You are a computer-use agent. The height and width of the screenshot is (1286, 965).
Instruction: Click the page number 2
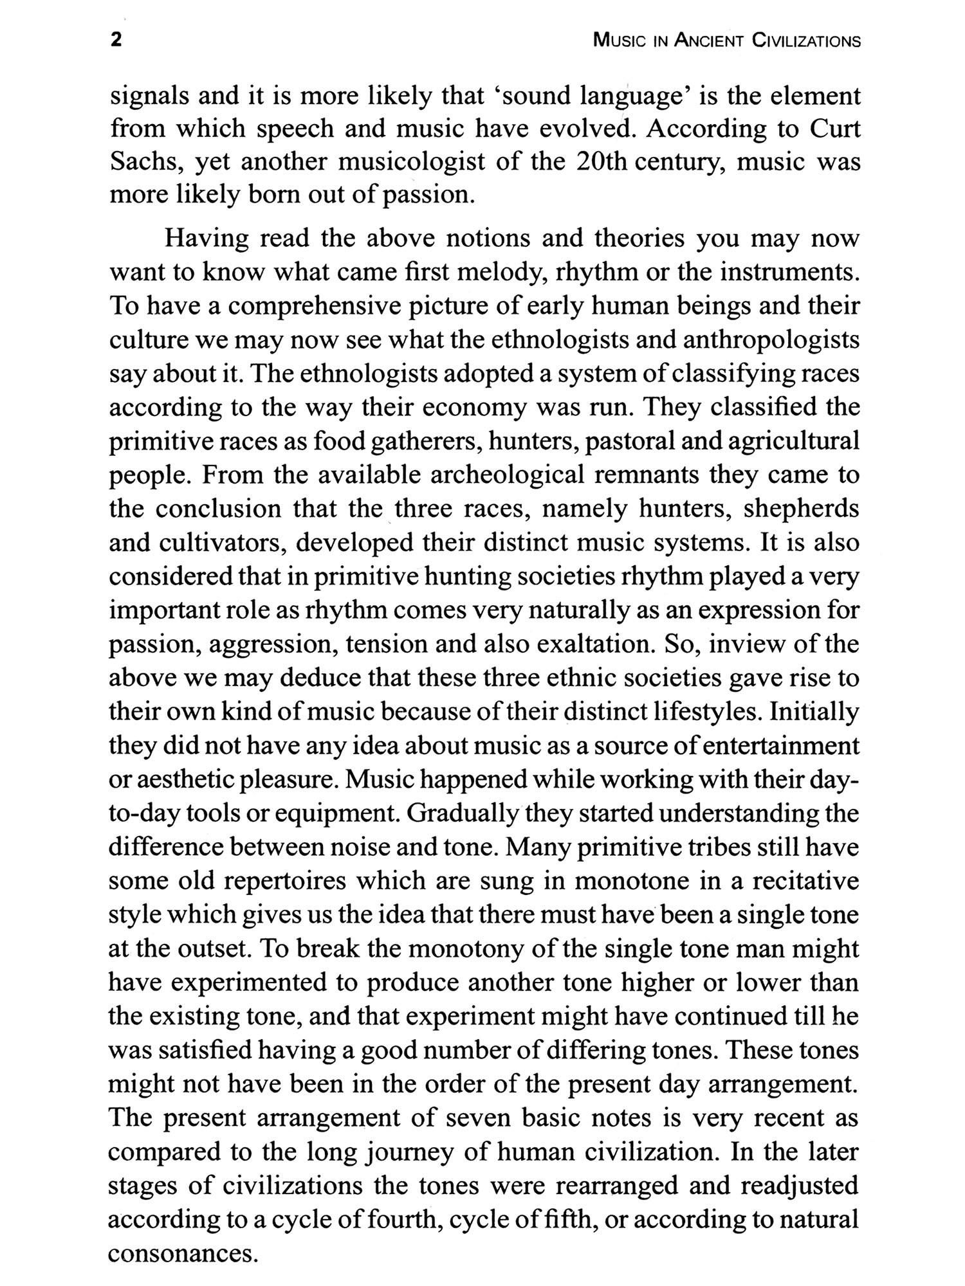pyautogui.click(x=116, y=41)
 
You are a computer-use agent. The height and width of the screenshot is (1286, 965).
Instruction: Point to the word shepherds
pyautogui.click(x=801, y=509)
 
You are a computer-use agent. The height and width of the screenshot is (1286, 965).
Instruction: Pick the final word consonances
pyautogui.click(x=179, y=1253)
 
